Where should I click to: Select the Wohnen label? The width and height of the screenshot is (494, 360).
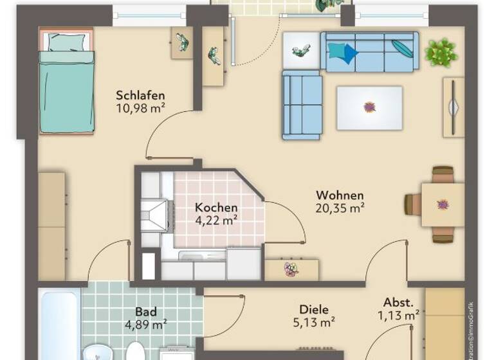coord(340,195)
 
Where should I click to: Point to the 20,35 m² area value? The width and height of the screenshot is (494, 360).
coord(340,208)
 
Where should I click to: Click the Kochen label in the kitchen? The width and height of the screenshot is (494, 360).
coord(216,208)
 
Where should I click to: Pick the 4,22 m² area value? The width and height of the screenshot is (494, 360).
coord(216,220)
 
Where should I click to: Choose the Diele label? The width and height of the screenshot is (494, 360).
coord(313,309)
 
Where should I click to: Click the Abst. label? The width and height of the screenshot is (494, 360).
coord(399,302)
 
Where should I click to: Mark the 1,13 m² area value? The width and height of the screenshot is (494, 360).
coord(399,314)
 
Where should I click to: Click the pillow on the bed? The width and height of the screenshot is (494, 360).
coord(67,42)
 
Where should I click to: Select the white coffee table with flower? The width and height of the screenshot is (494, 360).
coord(369,107)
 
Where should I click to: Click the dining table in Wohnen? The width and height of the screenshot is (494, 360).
coord(443,204)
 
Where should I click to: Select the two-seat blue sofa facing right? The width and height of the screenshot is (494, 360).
coord(302,104)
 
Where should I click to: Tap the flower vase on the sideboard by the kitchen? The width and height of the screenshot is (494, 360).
coord(291,269)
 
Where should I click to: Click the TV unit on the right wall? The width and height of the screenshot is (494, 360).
coord(453,107)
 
